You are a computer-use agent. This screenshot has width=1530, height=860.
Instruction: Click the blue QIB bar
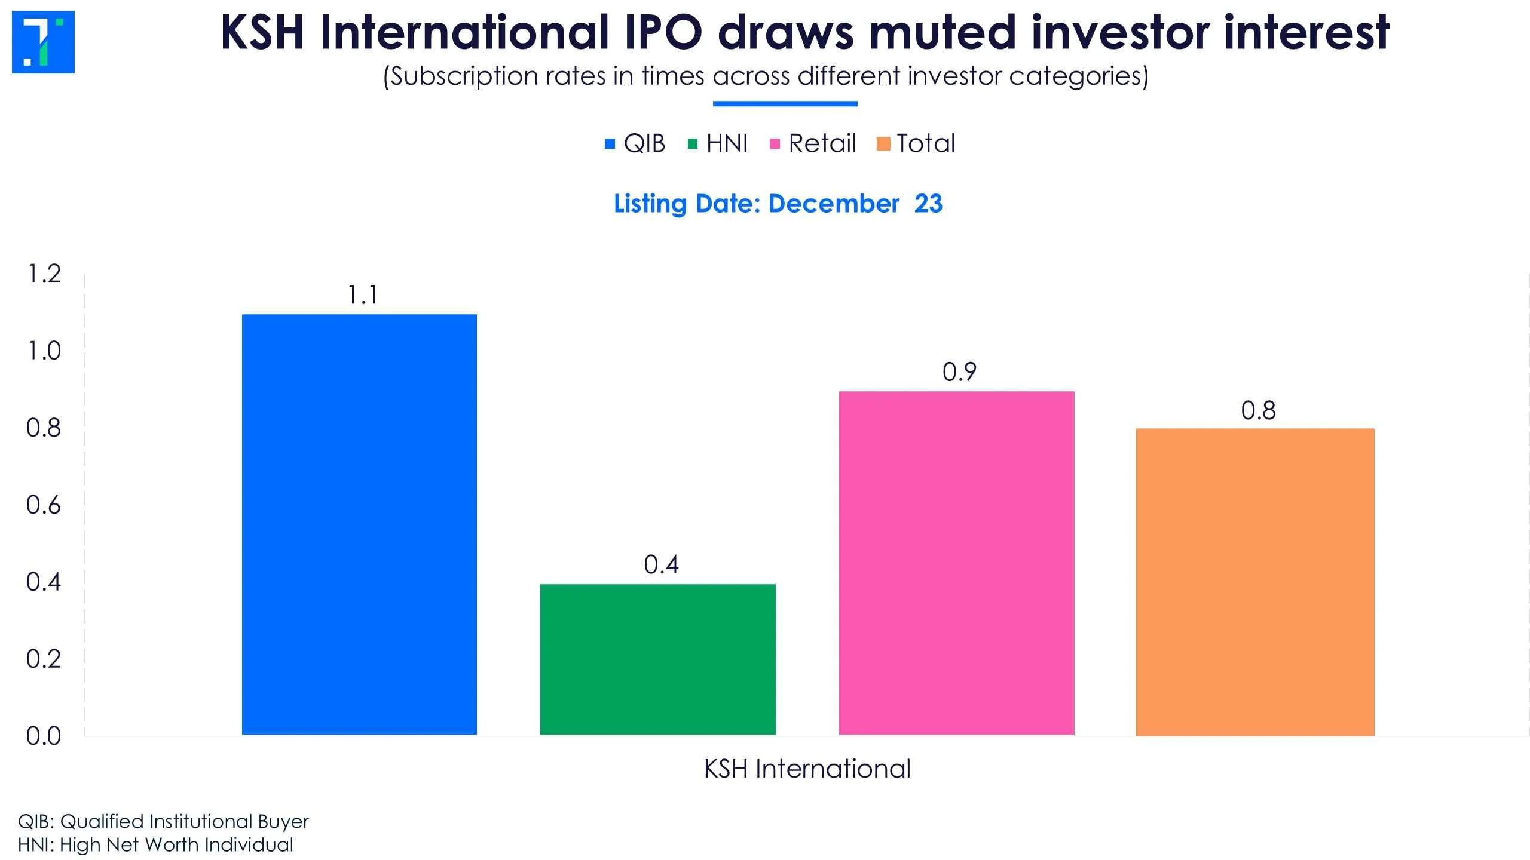[359, 524]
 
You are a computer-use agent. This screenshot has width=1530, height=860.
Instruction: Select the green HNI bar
[657, 659]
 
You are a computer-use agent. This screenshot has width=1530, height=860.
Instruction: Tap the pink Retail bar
[956, 563]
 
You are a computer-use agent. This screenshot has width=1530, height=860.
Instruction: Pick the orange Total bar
[1255, 581]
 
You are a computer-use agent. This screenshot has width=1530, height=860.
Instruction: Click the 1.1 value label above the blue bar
[363, 295]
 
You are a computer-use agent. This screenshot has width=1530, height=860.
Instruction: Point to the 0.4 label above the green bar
[661, 565]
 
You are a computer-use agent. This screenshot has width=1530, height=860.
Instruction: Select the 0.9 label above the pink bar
[959, 372]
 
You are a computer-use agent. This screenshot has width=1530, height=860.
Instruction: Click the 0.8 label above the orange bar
[1258, 411]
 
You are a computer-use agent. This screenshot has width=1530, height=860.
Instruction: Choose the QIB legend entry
[636, 143]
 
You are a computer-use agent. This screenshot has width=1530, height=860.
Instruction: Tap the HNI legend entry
[718, 143]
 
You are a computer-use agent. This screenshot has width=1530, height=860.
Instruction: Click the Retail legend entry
[813, 143]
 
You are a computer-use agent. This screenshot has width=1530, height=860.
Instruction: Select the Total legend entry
[917, 143]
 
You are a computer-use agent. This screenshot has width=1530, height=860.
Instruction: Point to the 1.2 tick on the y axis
[44, 274]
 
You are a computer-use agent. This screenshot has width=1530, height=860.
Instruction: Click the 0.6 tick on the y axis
[44, 505]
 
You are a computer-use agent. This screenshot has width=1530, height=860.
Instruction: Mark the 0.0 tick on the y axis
[44, 736]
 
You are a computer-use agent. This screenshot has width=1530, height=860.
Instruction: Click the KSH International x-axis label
[807, 769]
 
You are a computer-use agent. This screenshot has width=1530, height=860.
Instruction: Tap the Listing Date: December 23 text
[778, 204]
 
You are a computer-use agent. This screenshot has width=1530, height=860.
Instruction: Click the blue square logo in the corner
[43, 42]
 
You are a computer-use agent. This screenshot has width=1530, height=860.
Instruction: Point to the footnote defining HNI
[155, 845]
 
